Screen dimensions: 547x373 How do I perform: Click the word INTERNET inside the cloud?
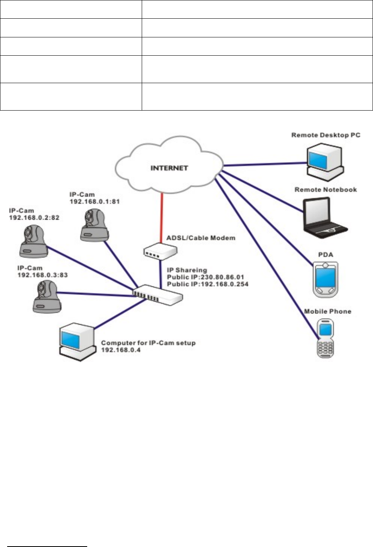pos(169,168)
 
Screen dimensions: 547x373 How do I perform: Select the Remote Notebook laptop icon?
pos(324,216)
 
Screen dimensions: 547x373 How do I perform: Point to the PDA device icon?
pos(326,280)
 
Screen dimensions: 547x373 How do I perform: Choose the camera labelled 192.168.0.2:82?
pos(33,241)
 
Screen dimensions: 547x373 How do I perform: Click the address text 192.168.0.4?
pos(121,350)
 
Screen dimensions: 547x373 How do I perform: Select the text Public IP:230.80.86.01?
pos(205,277)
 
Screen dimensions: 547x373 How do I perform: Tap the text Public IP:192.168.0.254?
pos(207,284)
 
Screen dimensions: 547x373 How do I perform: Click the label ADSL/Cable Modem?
pos(201,238)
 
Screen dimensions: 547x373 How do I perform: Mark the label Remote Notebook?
pos(326,190)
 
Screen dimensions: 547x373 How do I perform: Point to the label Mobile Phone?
pos(328,311)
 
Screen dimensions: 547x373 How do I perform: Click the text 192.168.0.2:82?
pos(34,218)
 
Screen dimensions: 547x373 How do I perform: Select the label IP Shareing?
pos(187,270)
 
